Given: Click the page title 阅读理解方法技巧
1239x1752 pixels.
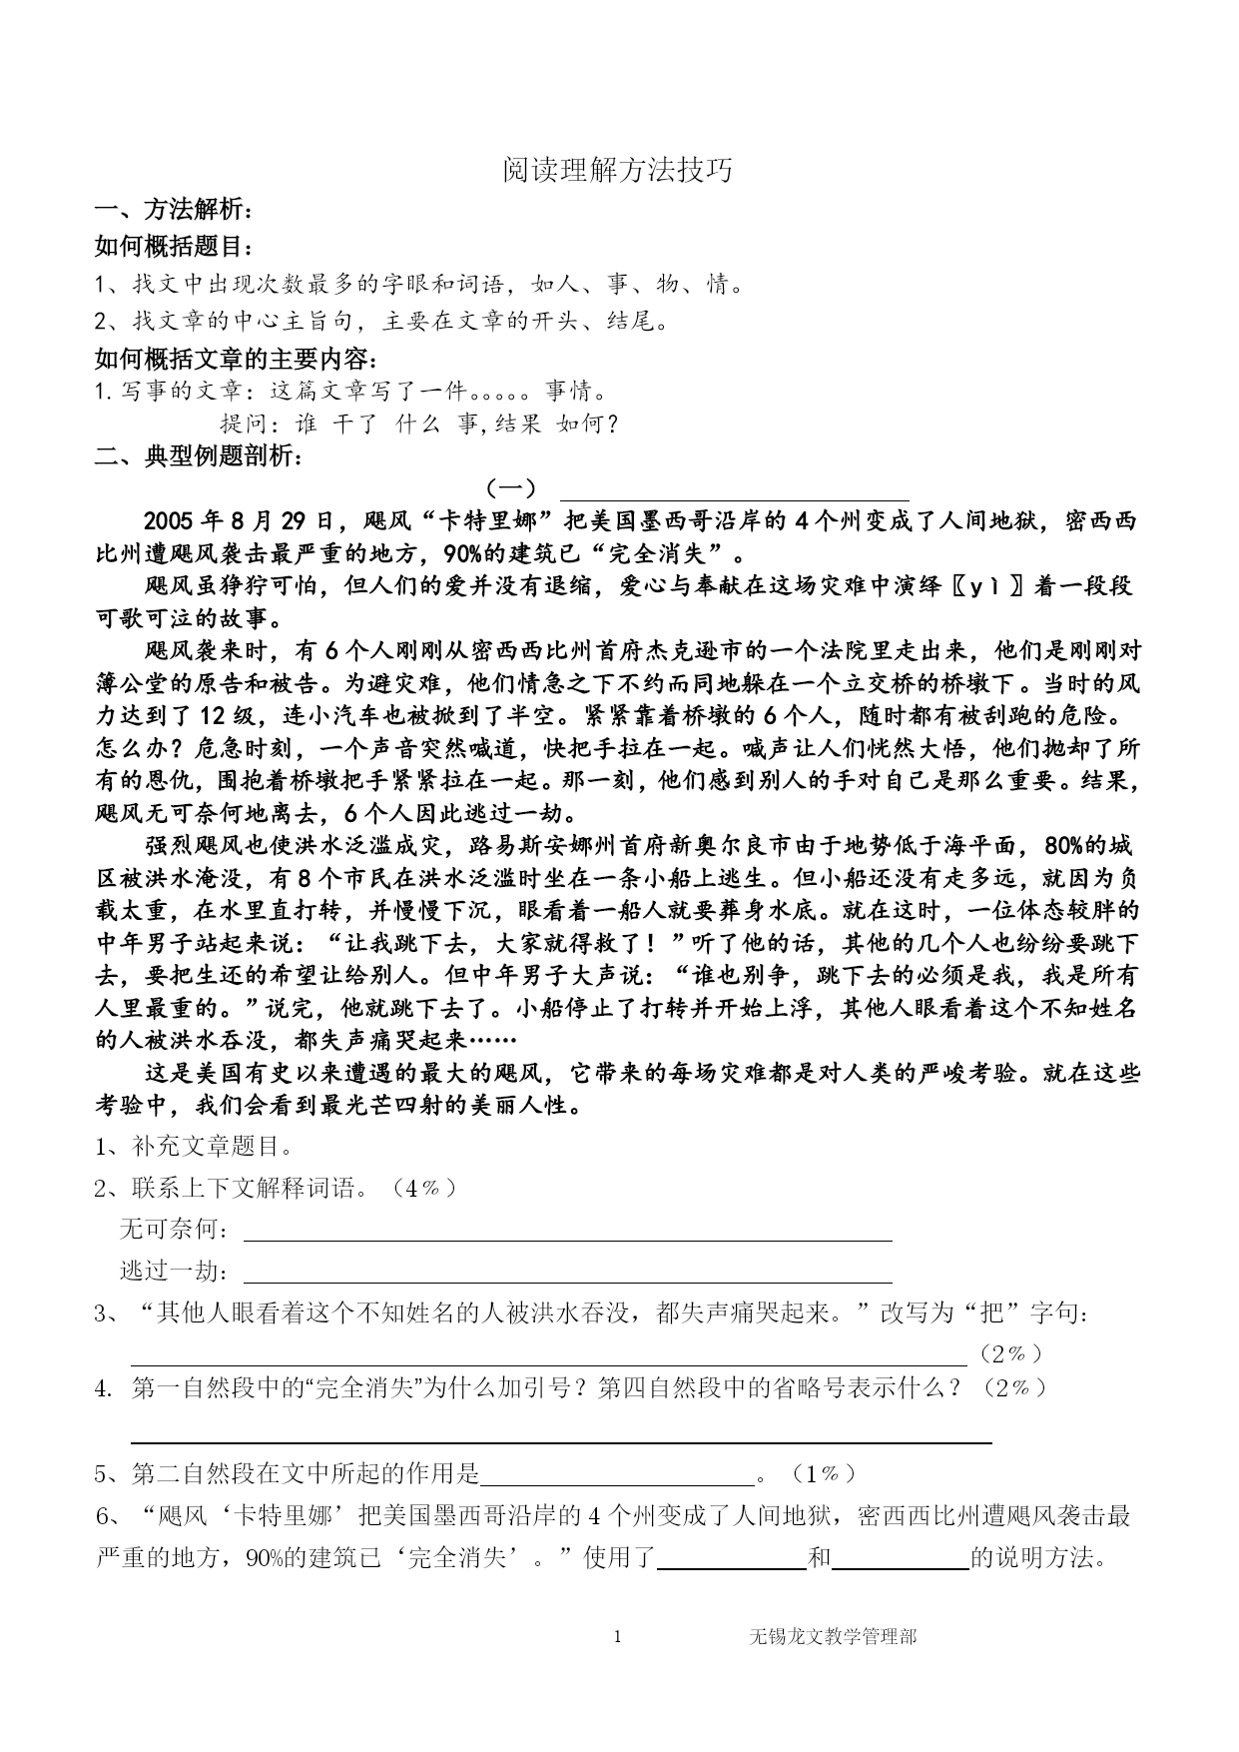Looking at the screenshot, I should click(x=618, y=171).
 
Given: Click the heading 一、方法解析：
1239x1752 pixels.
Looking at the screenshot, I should click(x=174, y=210).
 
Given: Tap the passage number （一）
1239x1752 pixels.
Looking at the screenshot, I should click(x=510, y=488).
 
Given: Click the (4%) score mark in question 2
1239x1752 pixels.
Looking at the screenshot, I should click(x=425, y=1188).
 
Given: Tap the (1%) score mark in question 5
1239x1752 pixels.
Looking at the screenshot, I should click(x=823, y=1473).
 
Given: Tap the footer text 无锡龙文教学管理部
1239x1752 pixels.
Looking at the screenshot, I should click(x=832, y=1636).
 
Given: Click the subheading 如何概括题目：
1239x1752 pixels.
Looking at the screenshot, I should click(x=174, y=246).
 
